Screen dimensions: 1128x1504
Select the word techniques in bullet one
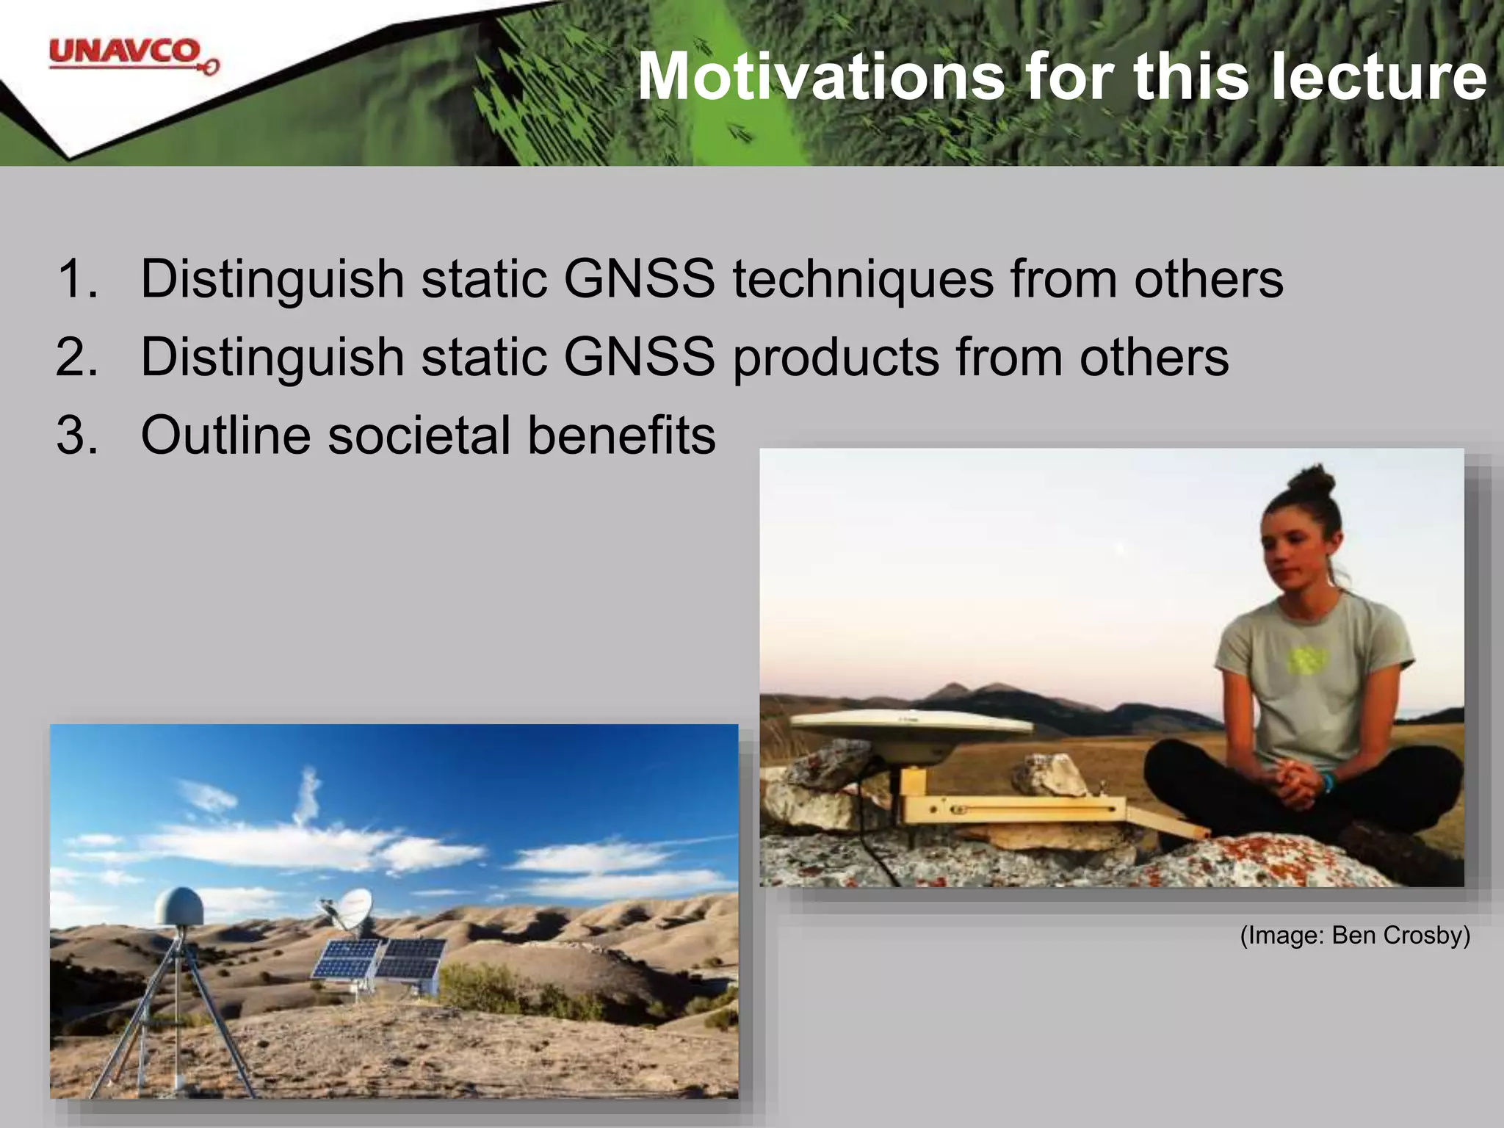point(863,281)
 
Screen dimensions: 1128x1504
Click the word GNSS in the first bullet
point(639,279)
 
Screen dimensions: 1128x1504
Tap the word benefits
point(621,435)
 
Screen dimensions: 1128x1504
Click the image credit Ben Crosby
point(1355,935)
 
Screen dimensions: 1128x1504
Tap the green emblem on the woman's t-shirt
point(1304,660)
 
